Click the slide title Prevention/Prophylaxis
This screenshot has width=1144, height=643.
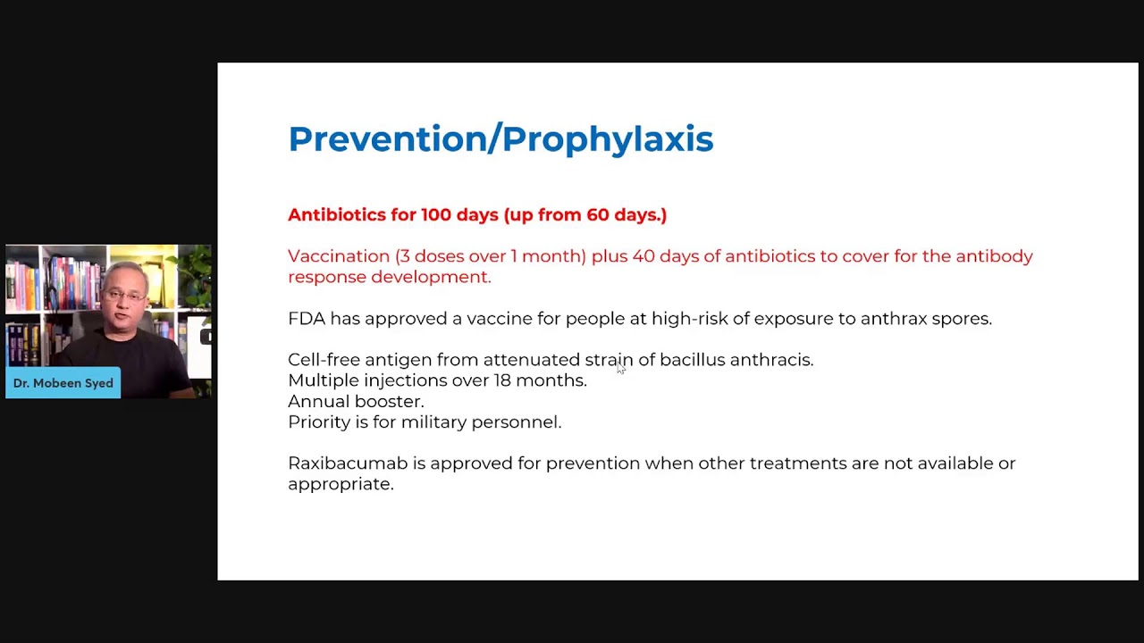click(500, 139)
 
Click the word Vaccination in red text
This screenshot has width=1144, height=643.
click(339, 256)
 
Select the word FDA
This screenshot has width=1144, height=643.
click(307, 319)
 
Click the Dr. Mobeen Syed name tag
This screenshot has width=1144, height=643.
click(63, 383)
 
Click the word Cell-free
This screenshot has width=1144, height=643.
click(324, 360)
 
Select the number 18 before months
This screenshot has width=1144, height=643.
click(502, 380)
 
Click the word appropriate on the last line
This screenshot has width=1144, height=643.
click(340, 485)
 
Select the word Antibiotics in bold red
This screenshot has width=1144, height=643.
click(337, 214)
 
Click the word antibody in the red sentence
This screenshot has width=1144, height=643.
click(994, 256)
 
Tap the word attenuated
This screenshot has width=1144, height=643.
click(531, 360)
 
